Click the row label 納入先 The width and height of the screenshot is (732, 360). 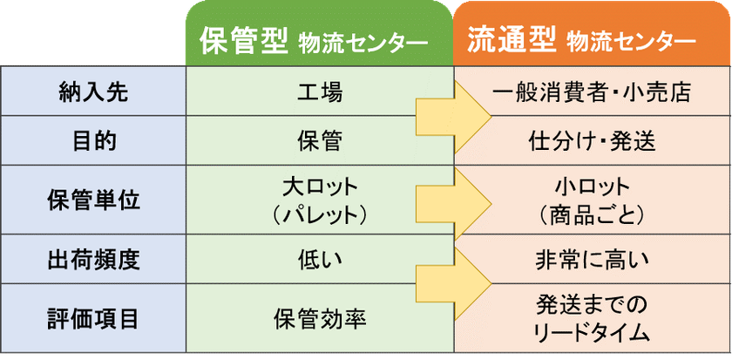93,93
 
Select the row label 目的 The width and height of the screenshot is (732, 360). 93,142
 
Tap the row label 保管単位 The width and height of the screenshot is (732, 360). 93,200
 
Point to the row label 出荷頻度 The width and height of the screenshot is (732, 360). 93,261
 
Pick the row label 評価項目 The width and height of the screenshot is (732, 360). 93,319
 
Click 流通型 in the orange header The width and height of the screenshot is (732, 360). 512,42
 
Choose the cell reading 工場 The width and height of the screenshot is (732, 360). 320,93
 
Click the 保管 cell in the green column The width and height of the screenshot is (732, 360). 320,142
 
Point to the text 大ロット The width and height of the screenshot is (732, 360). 320,187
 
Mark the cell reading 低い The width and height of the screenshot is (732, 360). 320,261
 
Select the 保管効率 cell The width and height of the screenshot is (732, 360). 320,319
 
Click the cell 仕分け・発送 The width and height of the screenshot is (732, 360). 592,142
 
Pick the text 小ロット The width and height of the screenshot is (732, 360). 592,187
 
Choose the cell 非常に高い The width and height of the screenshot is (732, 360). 592,261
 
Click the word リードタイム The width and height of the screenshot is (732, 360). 592,333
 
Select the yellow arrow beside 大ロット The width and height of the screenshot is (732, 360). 454,204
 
